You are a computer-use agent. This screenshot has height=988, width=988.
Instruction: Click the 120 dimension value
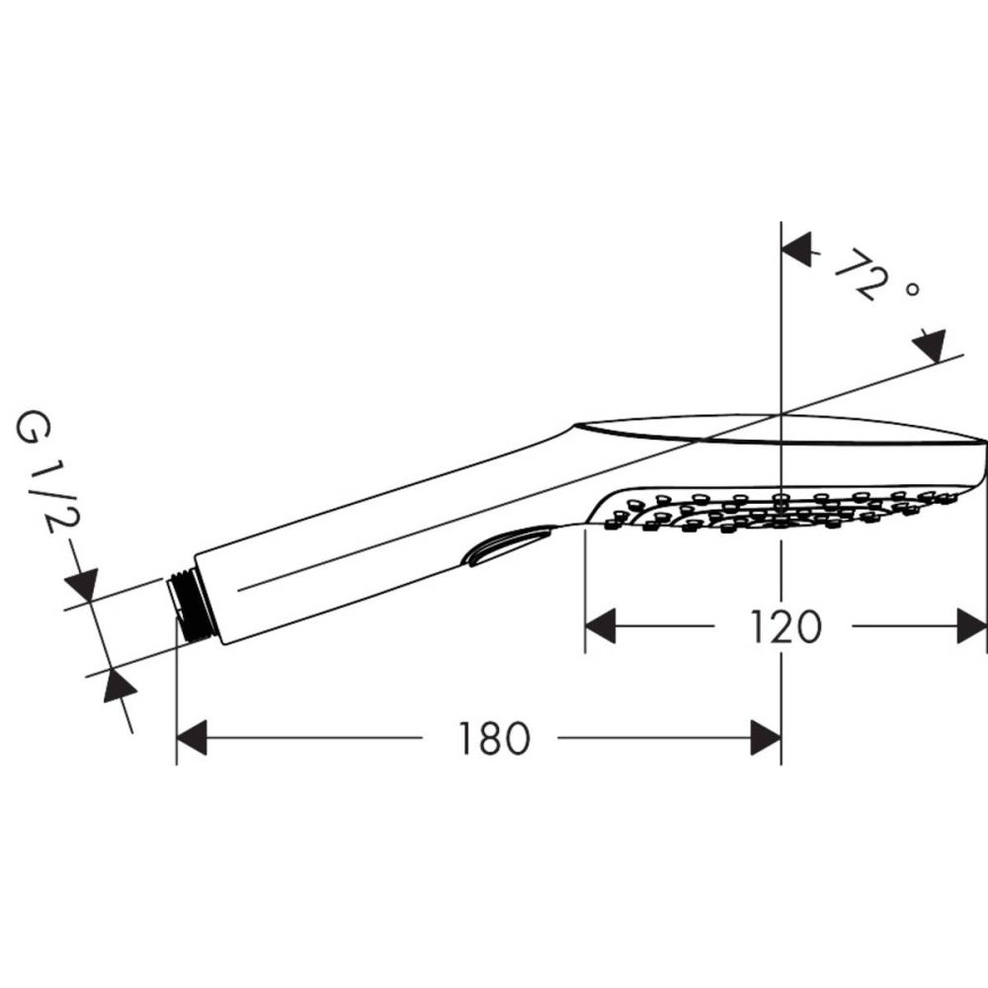pos(784,626)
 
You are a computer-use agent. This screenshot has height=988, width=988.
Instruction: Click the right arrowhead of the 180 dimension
pos(766,738)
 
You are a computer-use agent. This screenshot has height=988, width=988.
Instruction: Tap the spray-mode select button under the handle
pos(510,544)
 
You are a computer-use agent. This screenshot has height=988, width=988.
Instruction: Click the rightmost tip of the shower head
pos(984,441)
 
